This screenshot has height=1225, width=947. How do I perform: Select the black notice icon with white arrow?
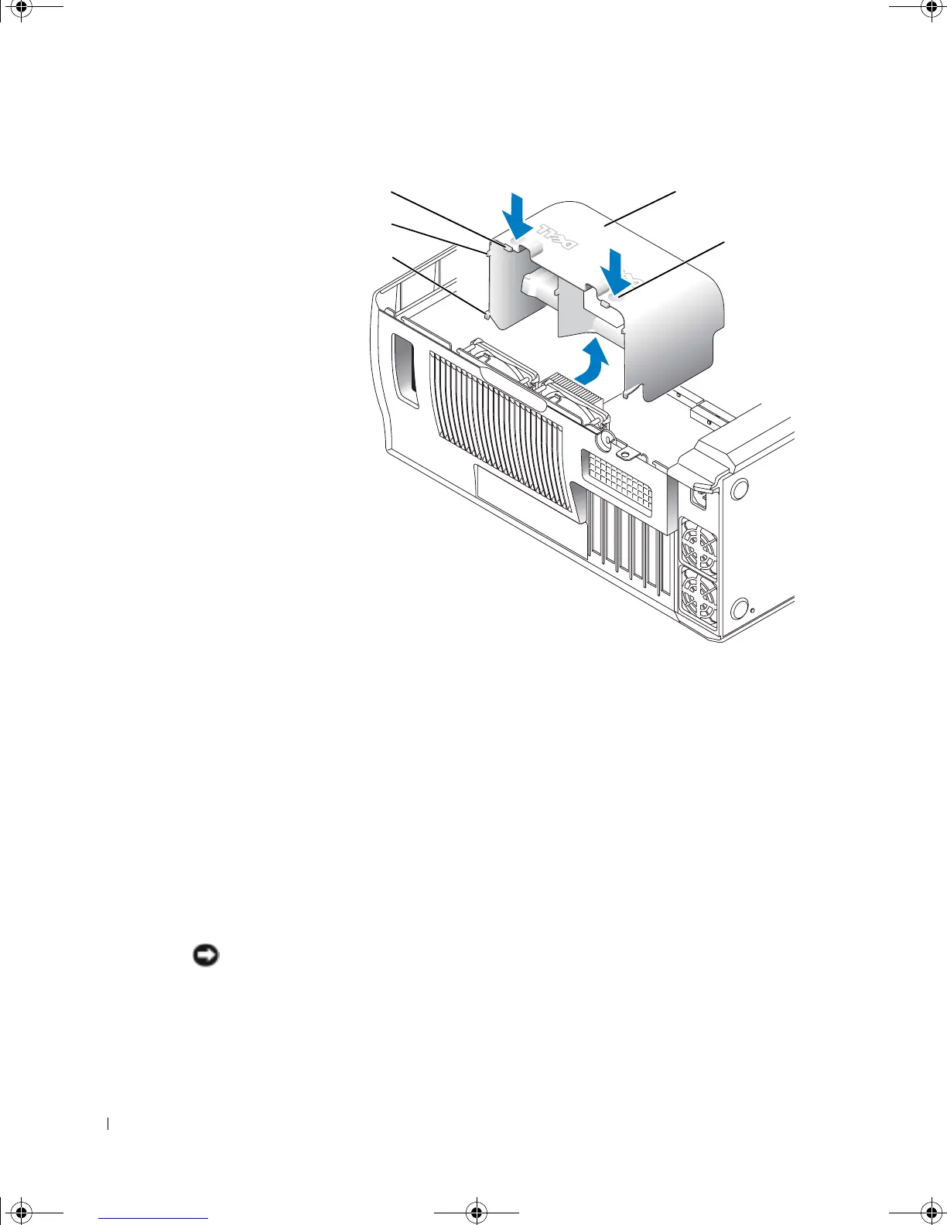pos(206,957)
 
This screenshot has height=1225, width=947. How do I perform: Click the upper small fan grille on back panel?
pos(698,548)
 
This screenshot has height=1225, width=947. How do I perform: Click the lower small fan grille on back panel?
pos(698,596)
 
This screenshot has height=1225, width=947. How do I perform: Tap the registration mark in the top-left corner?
pos(22,9)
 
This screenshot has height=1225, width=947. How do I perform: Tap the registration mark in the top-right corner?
pos(928,9)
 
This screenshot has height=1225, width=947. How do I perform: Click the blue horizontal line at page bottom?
pos(153,1219)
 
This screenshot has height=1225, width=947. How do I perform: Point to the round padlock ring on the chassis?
pos(604,439)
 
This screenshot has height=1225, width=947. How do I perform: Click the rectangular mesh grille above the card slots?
pos(620,480)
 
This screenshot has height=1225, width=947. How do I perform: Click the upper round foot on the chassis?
pos(738,489)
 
